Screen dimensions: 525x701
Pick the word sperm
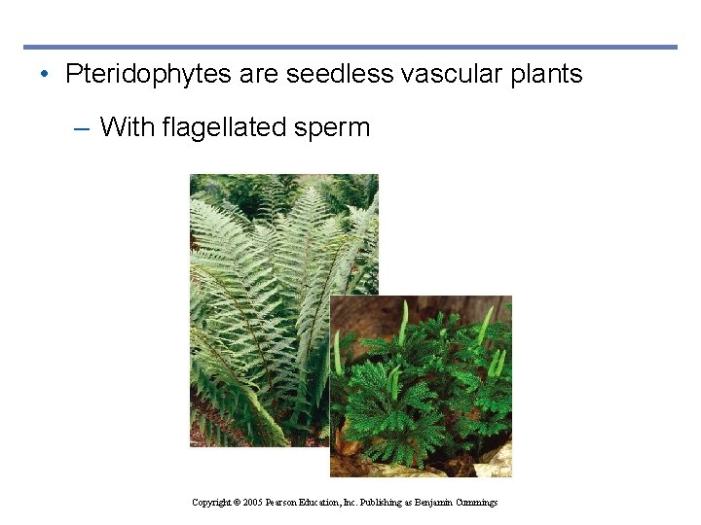[334, 127]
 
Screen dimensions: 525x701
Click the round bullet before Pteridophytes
[47, 75]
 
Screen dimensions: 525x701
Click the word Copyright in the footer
[211, 503]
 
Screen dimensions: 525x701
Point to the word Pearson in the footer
[286, 503]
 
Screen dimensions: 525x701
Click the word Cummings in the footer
[474, 503]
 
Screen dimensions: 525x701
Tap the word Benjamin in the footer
[428, 503]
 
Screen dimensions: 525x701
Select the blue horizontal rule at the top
[350, 47]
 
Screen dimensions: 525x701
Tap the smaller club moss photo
[421, 389]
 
